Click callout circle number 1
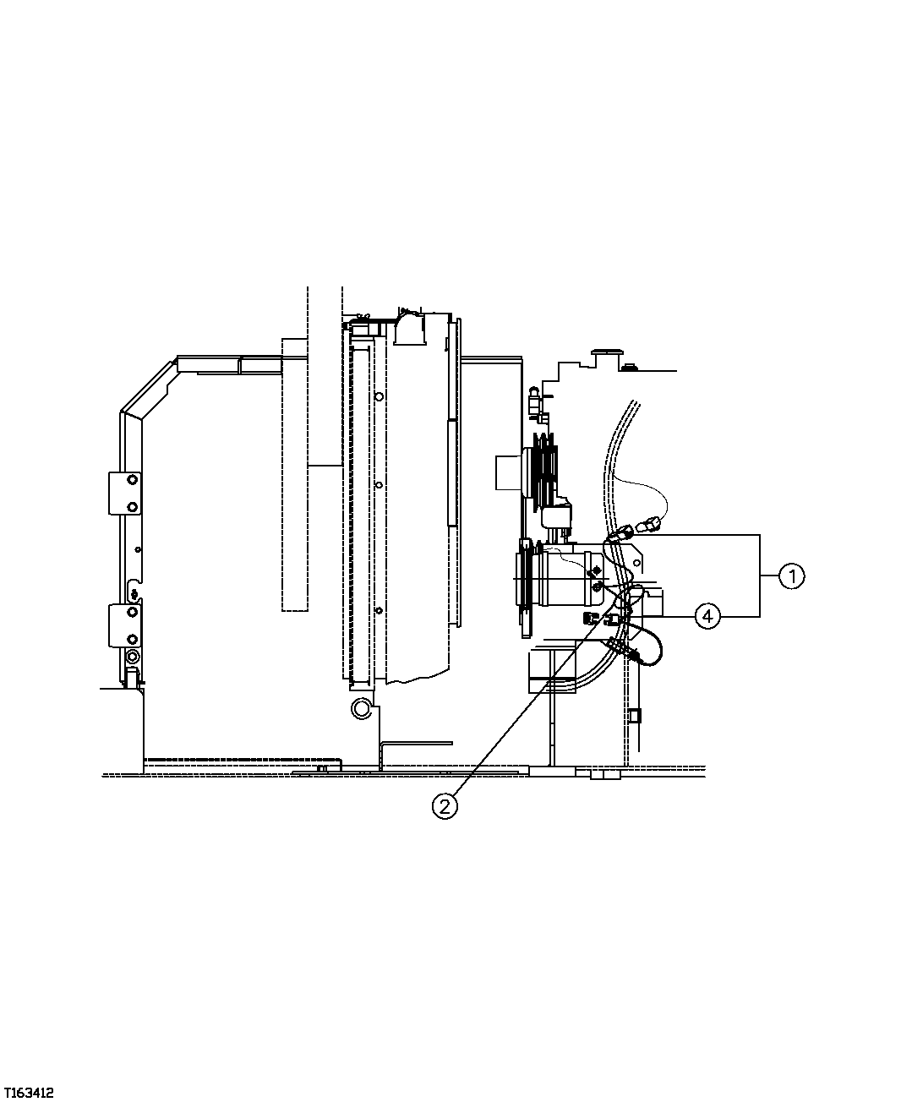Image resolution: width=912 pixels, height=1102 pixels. [791, 577]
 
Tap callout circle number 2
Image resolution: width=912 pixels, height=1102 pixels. [445, 806]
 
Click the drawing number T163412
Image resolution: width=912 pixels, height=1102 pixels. [29, 1093]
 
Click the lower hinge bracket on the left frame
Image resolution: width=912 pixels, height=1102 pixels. [124, 625]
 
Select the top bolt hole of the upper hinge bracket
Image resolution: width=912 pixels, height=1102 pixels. [132, 480]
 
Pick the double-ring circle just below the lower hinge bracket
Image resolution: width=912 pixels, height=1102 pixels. [132, 657]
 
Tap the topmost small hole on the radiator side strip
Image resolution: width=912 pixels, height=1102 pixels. [379, 396]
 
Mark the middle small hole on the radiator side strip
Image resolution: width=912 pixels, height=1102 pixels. [379, 485]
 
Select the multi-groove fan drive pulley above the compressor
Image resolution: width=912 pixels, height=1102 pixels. [547, 469]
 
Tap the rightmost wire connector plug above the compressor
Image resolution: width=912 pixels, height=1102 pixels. [648, 528]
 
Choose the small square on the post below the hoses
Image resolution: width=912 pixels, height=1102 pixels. [635, 715]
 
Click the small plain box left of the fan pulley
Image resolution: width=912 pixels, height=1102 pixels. [510, 469]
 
